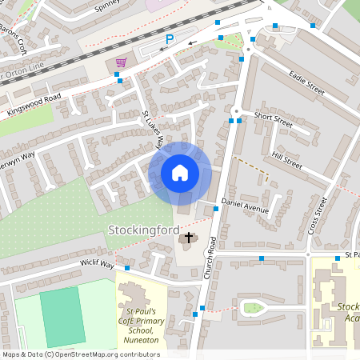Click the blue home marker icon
(x=180, y=172)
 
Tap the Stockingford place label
(x=143, y=230)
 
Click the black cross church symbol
(x=190, y=237)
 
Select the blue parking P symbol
(x=169, y=39)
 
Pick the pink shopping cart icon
(x=122, y=62)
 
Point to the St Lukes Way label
(x=152, y=130)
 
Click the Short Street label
(x=274, y=118)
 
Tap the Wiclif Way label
(x=96, y=263)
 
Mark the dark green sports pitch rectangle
(x=62, y=316)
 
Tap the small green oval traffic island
(x=253, y=307)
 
